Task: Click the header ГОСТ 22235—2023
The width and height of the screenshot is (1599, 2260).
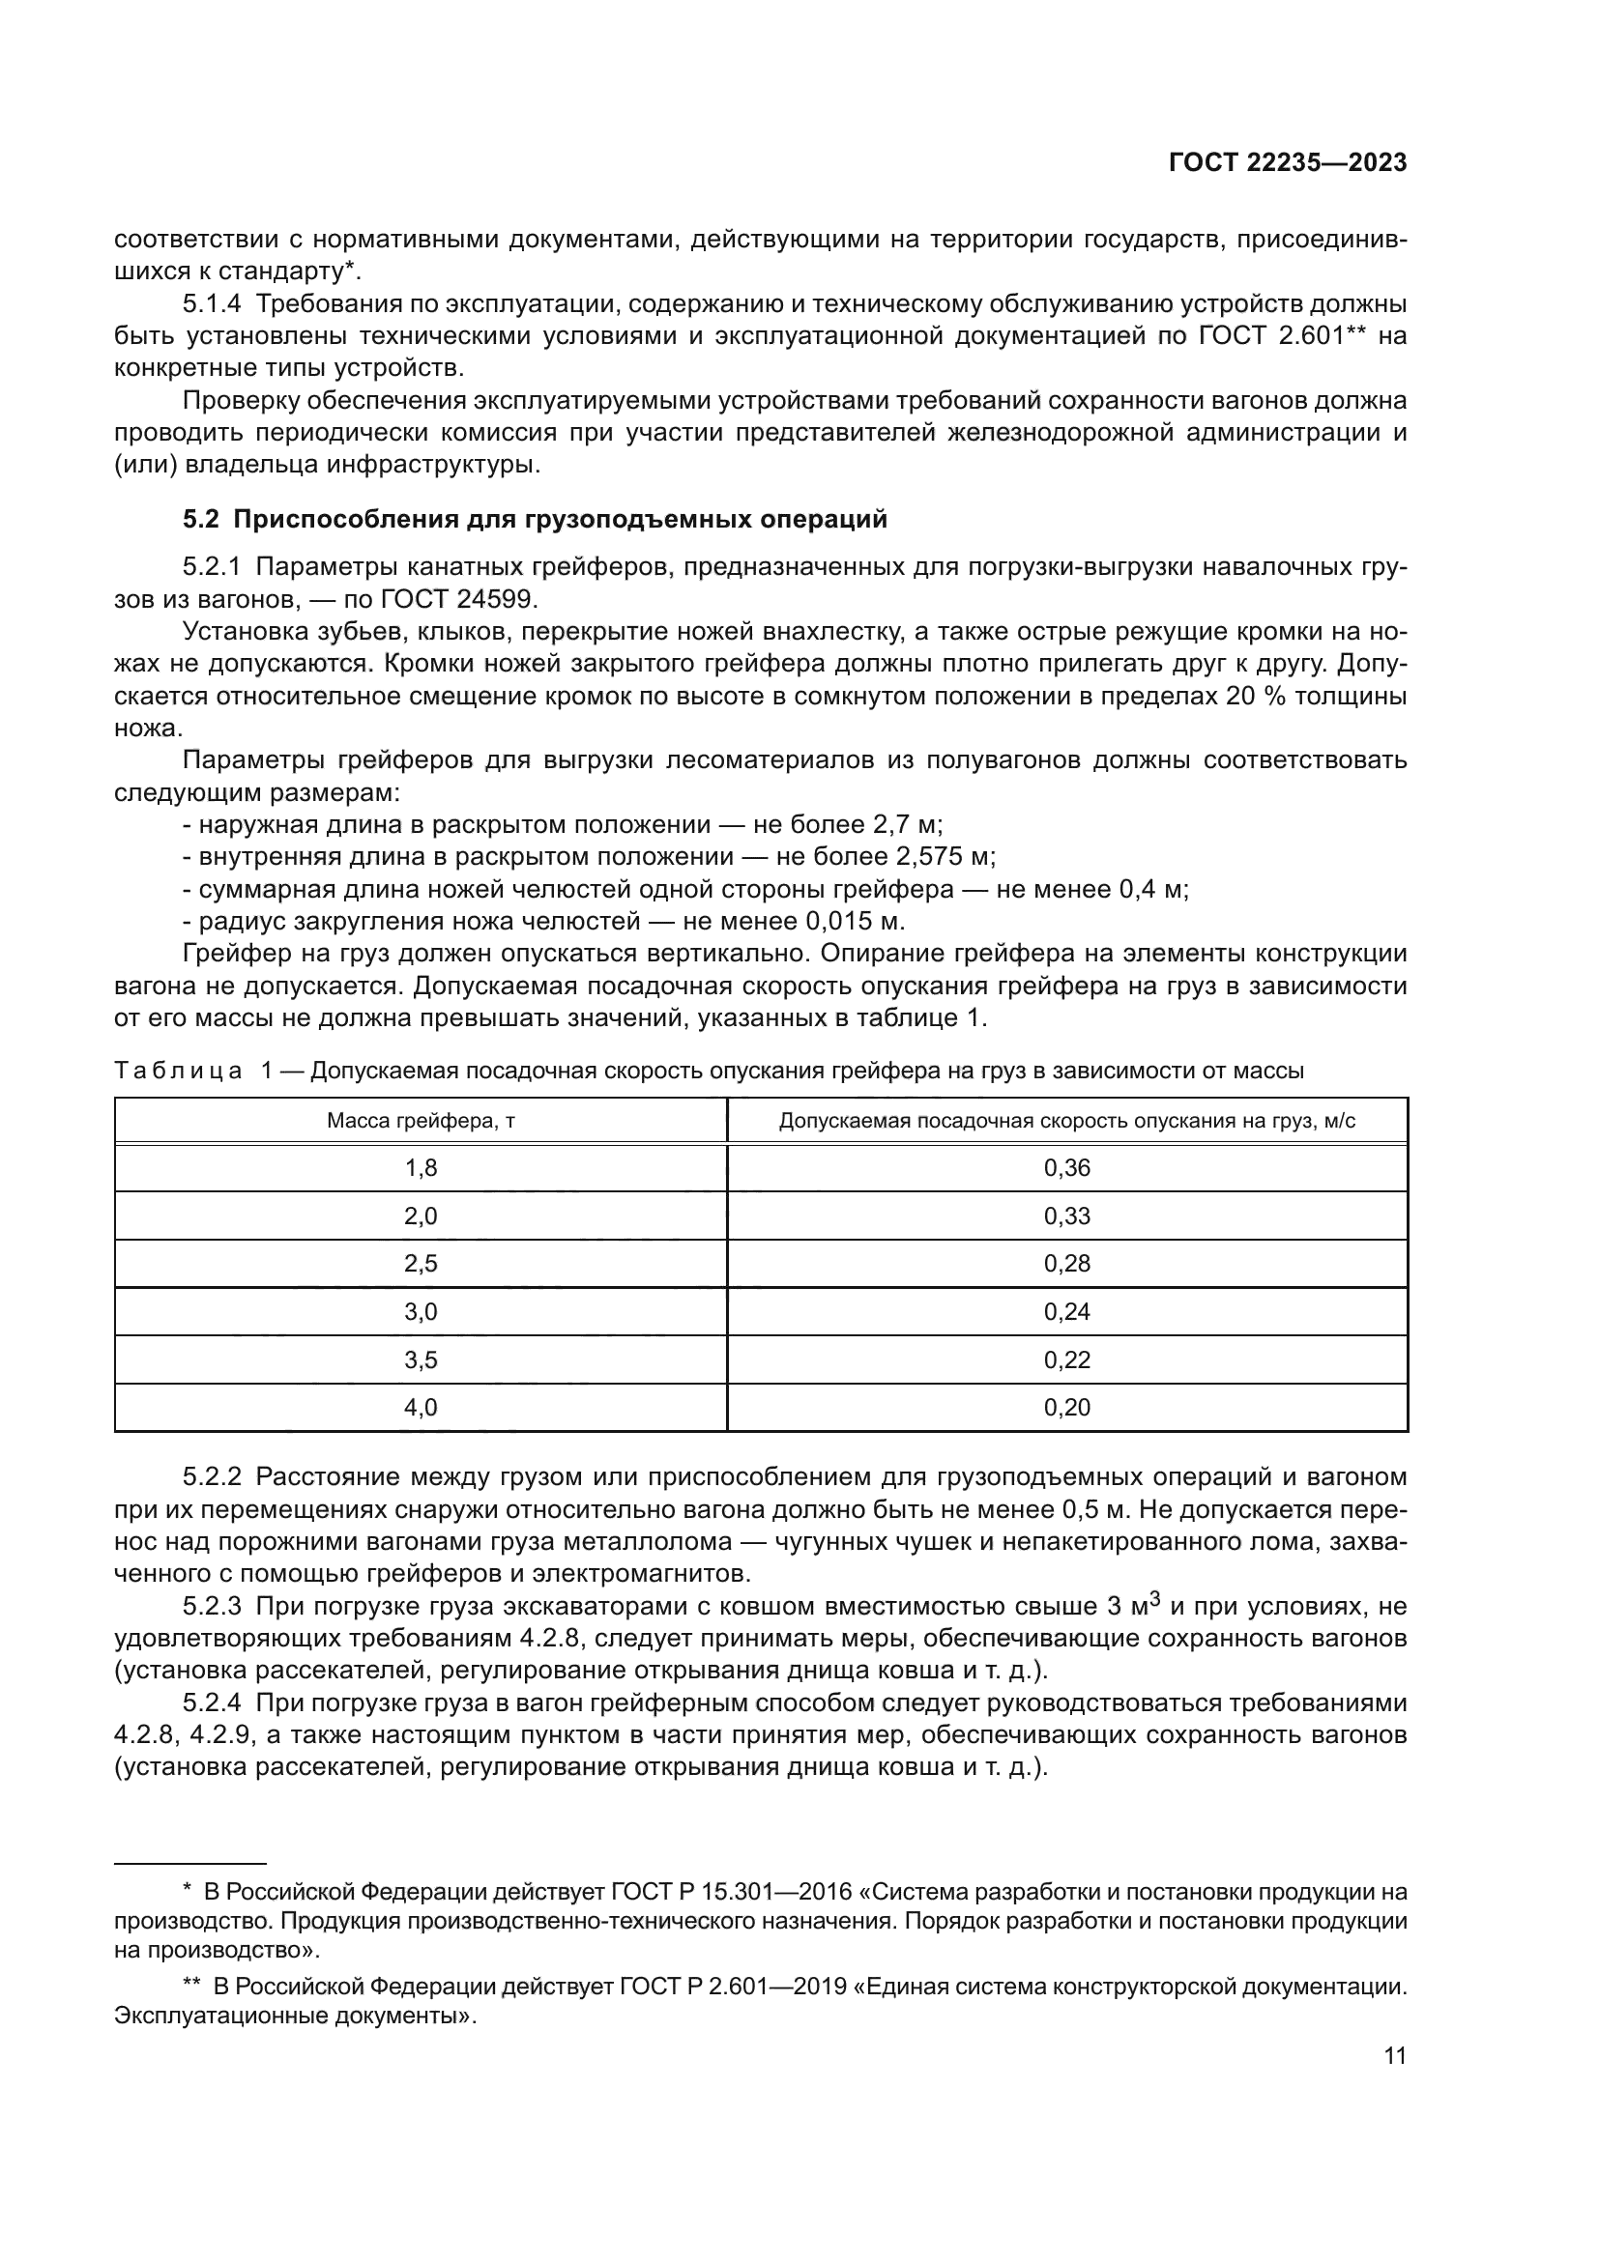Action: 1287,163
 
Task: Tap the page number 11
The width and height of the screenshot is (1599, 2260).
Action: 1394,2055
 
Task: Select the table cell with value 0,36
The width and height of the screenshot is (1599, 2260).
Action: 1066,1167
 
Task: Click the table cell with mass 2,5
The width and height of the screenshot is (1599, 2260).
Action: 421,1263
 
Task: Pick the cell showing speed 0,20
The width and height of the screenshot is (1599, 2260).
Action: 1066,1407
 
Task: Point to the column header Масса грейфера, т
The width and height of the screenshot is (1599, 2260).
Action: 421,1120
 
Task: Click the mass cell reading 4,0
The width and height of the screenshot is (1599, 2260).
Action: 421,1407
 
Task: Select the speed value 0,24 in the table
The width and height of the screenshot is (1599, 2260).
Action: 1066,1311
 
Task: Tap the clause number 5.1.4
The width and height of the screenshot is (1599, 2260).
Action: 212,303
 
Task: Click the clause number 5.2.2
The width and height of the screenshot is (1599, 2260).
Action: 212,1476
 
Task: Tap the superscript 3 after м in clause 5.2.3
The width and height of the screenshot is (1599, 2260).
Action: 1156,1599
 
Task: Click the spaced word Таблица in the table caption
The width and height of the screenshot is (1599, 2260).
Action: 178,1070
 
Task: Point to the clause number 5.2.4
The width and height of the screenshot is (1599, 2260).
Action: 212,1702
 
